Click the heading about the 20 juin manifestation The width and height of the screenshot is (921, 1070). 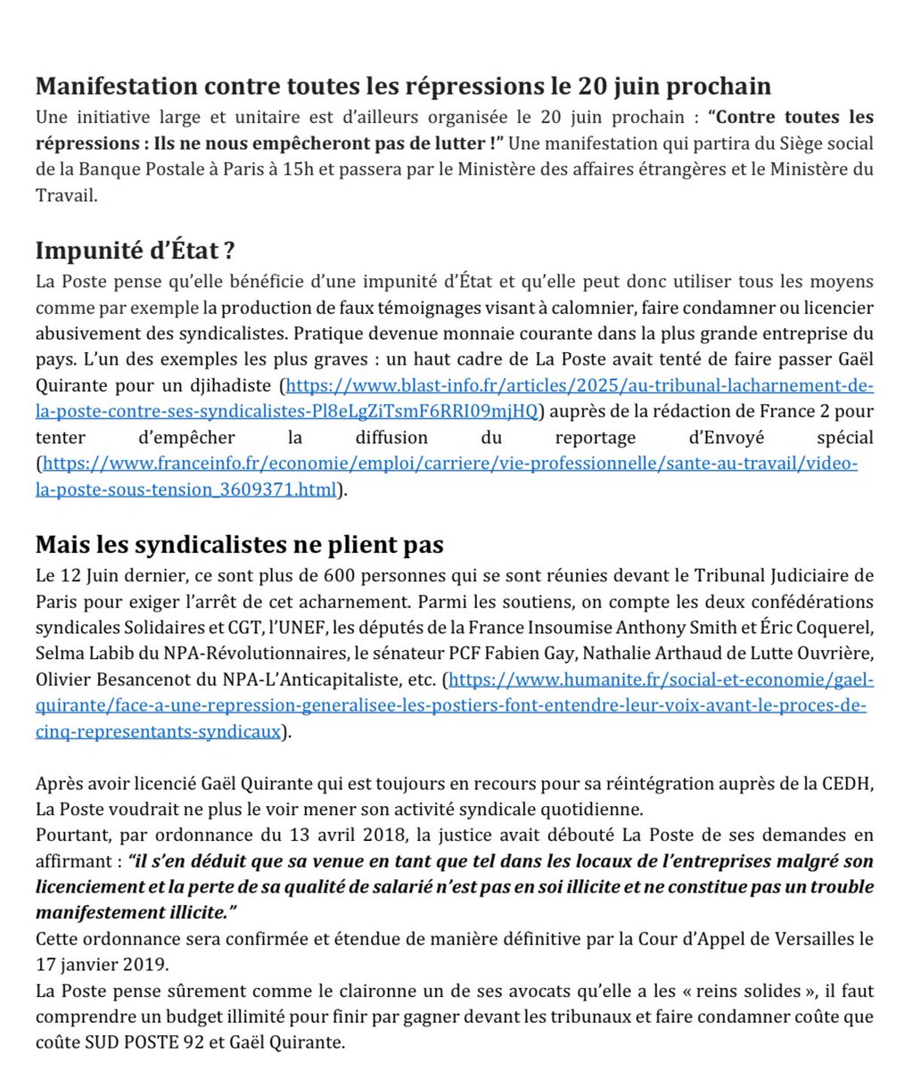point(403,87)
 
